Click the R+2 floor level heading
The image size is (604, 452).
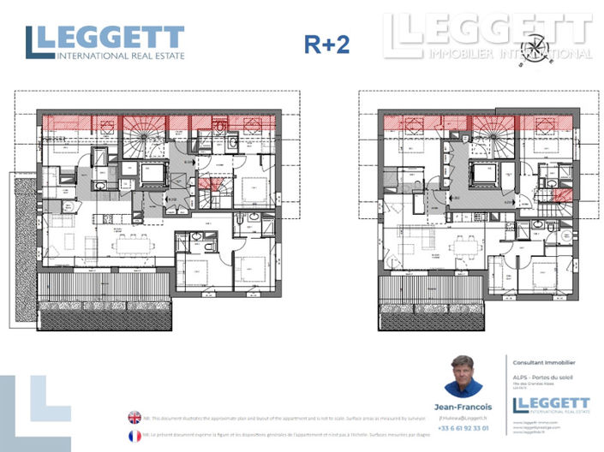pos(326,45)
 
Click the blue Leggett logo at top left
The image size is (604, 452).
pos(105,43)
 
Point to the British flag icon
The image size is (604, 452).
pos(135,418)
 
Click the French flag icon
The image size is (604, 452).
pos(135,436)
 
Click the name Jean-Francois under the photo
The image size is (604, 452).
pos(463,407)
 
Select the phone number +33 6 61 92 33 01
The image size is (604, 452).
pos(463,427)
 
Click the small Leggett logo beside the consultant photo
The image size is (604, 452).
pos(550,406)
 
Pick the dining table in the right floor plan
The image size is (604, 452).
pos(466,246)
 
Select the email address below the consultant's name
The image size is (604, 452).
pos(463,417)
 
